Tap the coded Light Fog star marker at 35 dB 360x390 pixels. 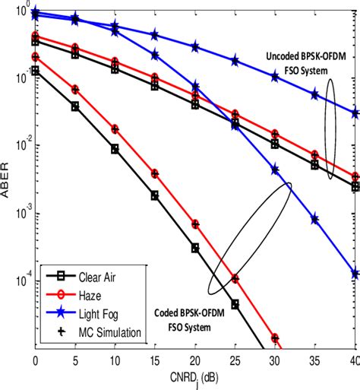click(314, 219)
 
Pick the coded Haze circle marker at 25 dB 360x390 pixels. click(235, 278)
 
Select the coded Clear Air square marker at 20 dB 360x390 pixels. click(195, 248)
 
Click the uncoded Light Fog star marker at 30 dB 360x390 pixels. click(275, 76)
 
